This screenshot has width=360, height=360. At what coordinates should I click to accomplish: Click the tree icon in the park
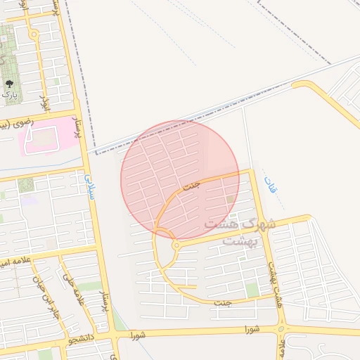coord(9,84)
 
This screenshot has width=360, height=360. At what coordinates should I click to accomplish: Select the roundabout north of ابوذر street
coord(34,34)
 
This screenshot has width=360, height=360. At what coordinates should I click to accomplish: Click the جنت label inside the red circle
coord(191,186)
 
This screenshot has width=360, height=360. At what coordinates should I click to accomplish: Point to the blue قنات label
coord(270,186)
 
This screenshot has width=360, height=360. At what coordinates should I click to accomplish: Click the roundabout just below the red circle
coord(176,245)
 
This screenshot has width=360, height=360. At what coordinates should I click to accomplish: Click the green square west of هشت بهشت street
coord(252,290)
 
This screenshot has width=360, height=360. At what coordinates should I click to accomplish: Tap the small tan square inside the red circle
coord(231,200)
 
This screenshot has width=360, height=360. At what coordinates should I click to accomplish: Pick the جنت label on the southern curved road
coord(223,303)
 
